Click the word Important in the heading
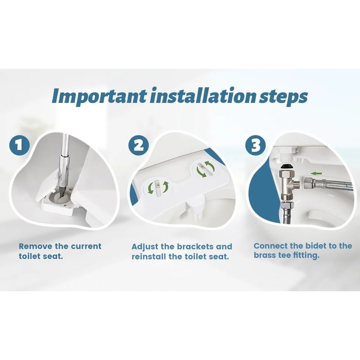click(x=99, y=96)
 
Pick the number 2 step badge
click(x=139, y=145)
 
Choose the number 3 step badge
click(x=255, y=145)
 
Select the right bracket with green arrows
click(x=205, y=168)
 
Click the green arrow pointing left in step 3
click(x=316, y=173)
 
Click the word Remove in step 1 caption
click(x=35, y=247)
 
